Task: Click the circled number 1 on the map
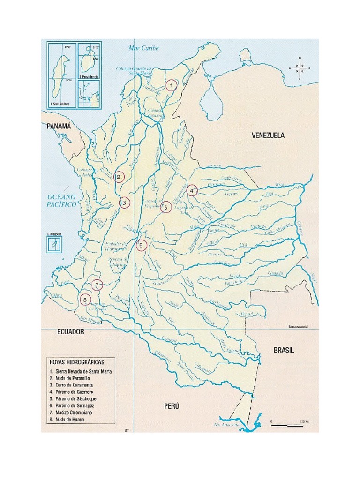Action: pos(172,85)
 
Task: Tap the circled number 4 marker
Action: pos(192,191)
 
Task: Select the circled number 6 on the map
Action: pos(142,245)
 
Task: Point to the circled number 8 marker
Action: pos(85,300)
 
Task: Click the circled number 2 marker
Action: pos(119,177)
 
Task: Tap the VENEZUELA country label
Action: pos(268,135)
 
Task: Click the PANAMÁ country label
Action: pos(59,126)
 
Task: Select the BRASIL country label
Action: pos(284,350)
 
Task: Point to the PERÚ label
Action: pos(172,406)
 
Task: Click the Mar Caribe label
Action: pos(144,48)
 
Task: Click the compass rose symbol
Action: pos(300,67)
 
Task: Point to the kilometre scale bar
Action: pos(287,425)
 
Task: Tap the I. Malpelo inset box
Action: pos(54,243)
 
